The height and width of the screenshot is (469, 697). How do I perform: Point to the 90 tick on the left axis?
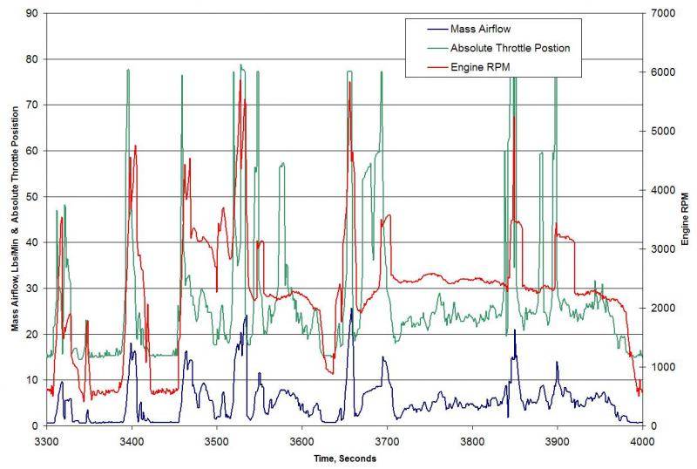(x=30, y=14)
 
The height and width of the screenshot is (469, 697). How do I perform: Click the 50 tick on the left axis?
(x=30, y=197)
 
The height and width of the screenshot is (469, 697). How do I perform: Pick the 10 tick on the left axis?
(x=30, y=380)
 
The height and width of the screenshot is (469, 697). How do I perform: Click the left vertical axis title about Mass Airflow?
(x=15, y=220)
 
